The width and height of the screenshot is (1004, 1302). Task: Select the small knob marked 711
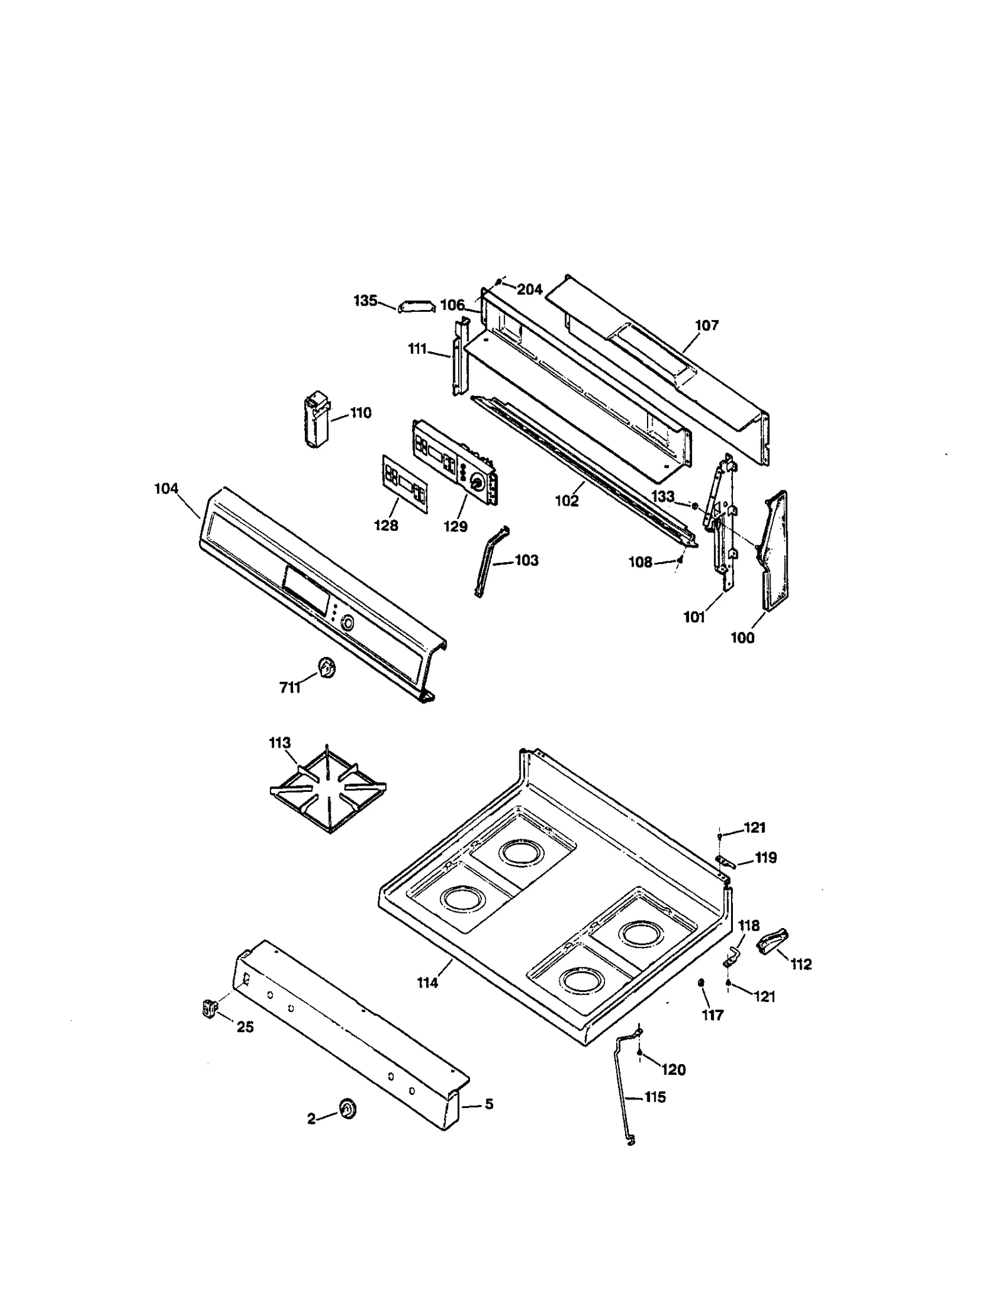pyautogui.click(x=326, y=669)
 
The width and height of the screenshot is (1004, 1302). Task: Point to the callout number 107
pyautogui.click(x=707, y=325)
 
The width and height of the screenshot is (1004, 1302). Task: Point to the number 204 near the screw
pyautogui.click(x=530, y=289)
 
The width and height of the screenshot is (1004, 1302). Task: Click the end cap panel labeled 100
pyautogui.click(x=776, y=550)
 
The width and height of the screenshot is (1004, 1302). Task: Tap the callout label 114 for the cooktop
pyautogui.click(x=427, y=983)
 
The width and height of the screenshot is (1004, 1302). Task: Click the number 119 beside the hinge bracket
pyautogui.click(x=766, y=858)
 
